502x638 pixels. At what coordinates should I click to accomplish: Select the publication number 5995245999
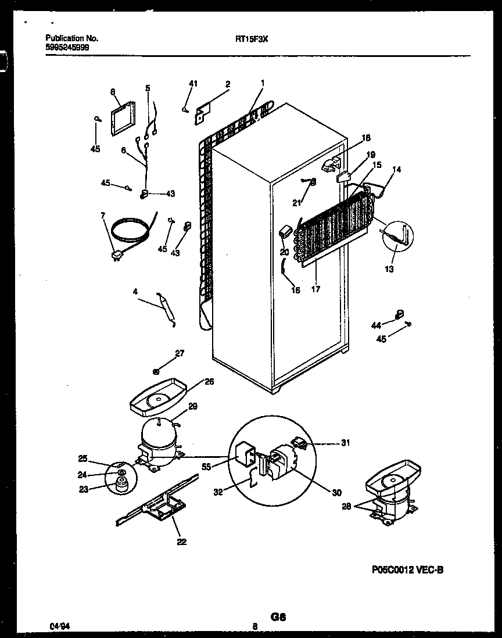point(67,47)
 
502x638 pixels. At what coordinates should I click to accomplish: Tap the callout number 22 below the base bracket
point(182,542)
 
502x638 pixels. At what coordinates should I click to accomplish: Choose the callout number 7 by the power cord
point(103,216)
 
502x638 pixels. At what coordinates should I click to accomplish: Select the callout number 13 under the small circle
point(389,269)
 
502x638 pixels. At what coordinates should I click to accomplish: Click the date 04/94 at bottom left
point(58,626)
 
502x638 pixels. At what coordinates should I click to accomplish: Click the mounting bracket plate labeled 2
point(202,113)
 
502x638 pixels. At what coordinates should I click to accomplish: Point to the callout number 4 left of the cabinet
point(135,293)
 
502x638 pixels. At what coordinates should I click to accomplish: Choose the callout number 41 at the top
point(193,84)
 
